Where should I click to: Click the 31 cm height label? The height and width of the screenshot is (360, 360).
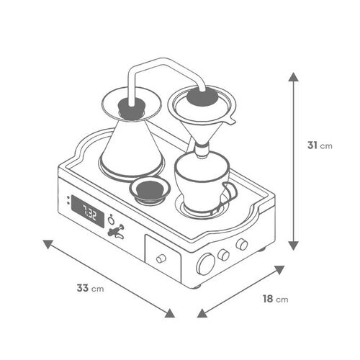pyautogui.click(x=320, y=145)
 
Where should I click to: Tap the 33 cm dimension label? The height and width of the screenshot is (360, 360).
pyautogui.click(x=90, y=288)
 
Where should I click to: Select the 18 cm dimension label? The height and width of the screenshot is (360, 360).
pyautogui.click(x=275, y=299)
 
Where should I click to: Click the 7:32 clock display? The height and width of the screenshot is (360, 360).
pyautogui.click(x=88, y=211)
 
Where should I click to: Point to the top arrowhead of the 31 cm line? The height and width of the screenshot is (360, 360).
pyautogui.click(x=294, y=77)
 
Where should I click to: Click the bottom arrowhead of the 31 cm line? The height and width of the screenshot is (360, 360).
pyautogui.click(x=293, y=246)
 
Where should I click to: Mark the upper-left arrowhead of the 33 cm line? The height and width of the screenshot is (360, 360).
pyautogui.click(x=48, y=243)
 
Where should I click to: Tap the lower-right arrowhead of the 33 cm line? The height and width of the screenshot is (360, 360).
pyautogui.click(x=169, y=312)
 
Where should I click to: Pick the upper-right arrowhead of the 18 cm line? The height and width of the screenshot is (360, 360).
pyautogui.click(x=279, y=269)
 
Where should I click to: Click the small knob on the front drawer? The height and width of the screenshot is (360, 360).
pyautogui.click(x=161, y=258)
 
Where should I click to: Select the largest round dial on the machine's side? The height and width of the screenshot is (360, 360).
pyautogui.click(x=204, y=264)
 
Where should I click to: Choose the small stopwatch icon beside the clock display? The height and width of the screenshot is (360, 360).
pyautogui.click(x=111, y=220)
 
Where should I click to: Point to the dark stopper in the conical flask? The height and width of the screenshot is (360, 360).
pyautogui.click(x=131, y=108)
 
